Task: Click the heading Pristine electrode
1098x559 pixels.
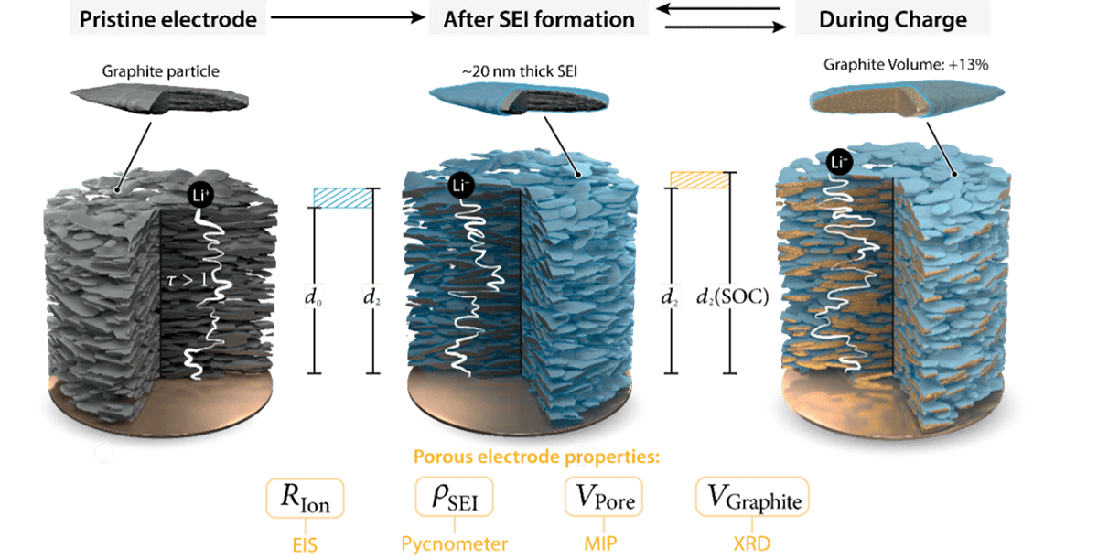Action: (168, 19)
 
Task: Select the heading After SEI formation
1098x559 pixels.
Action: (539, 19)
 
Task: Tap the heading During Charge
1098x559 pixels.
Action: (893, 19)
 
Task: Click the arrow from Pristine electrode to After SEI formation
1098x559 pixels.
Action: (348, 17)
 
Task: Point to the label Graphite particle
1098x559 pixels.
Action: (160, 71)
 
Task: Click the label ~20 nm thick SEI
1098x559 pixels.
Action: (519, 71)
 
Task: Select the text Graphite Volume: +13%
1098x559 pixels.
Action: (906, 65)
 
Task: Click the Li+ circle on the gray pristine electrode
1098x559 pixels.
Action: (200, 196)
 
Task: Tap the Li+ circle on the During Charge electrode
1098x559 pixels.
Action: (840, 162)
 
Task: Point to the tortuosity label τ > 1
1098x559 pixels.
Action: (187, 280)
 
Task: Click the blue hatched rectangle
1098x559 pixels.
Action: (342, 198)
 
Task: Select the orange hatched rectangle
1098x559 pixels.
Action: (699, 180)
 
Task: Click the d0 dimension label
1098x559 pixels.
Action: (314, 297)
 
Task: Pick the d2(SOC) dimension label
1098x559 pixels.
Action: (732, 296)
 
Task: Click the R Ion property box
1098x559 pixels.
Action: (305, 499)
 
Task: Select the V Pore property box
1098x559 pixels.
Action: (603, 497)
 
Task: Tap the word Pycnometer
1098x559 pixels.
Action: (455, 543)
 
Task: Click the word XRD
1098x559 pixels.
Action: (752, 543)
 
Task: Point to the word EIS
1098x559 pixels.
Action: (305, 545)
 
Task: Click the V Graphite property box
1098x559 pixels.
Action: (752, 497)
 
